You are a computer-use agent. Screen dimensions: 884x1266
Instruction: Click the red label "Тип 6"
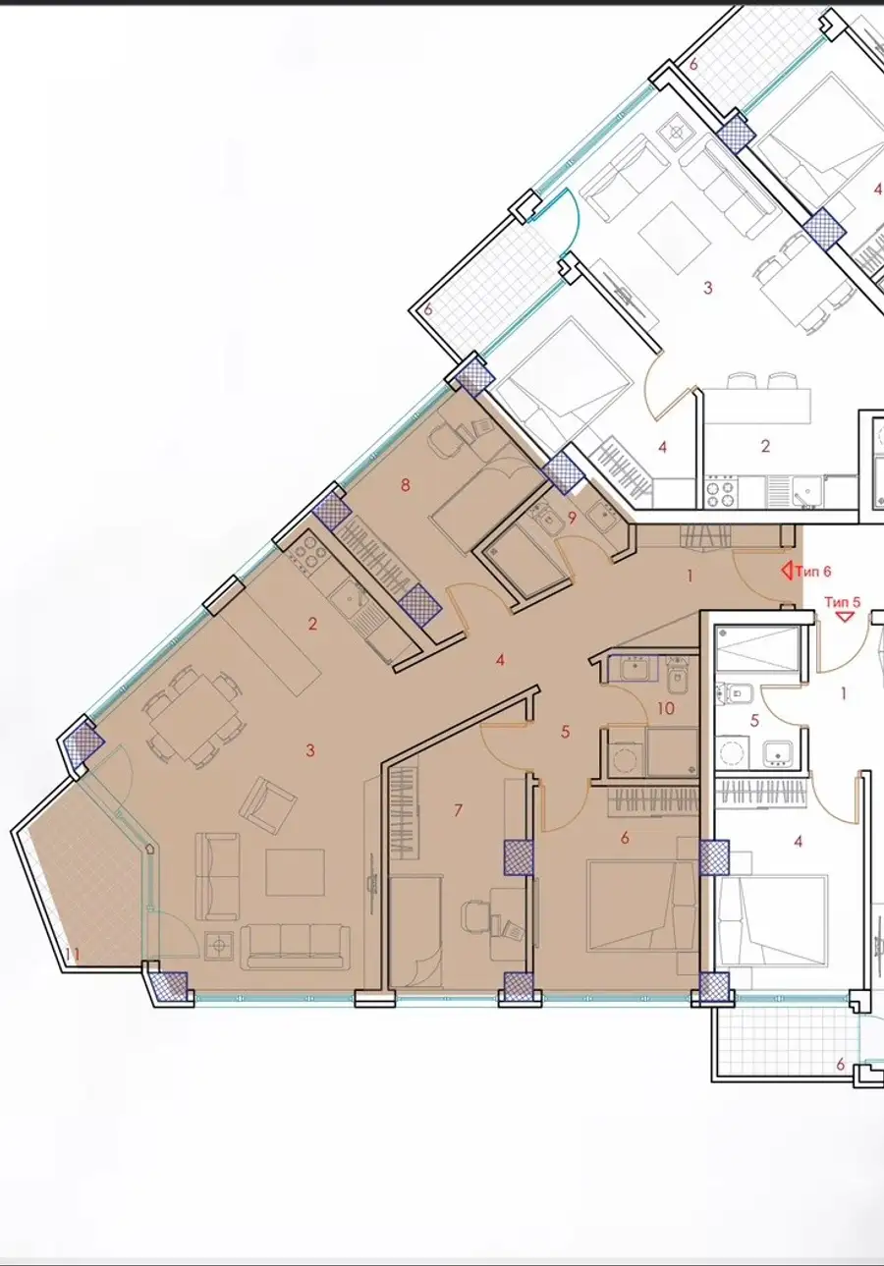pos(812,572)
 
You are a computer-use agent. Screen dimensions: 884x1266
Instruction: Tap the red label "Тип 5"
pos(842,602)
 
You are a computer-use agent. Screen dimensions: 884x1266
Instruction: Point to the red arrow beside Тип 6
pos(787,571)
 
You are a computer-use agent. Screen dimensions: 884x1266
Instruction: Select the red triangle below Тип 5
pos(845,617)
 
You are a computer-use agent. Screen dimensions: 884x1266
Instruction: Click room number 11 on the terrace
pos(72,955)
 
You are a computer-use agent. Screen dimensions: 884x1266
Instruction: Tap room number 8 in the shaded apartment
pos(405,485)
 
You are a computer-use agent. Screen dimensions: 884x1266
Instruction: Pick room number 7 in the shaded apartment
pos(458,810)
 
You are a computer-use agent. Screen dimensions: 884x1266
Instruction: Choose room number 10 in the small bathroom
pos(666,708)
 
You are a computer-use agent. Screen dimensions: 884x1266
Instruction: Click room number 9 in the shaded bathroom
pos(572,518)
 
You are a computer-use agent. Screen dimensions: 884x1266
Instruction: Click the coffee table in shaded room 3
pos(295,872)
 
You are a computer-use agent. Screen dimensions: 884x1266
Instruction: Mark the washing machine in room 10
pos(625,752)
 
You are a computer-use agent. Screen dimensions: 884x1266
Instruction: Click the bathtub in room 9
pos(523,567)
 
